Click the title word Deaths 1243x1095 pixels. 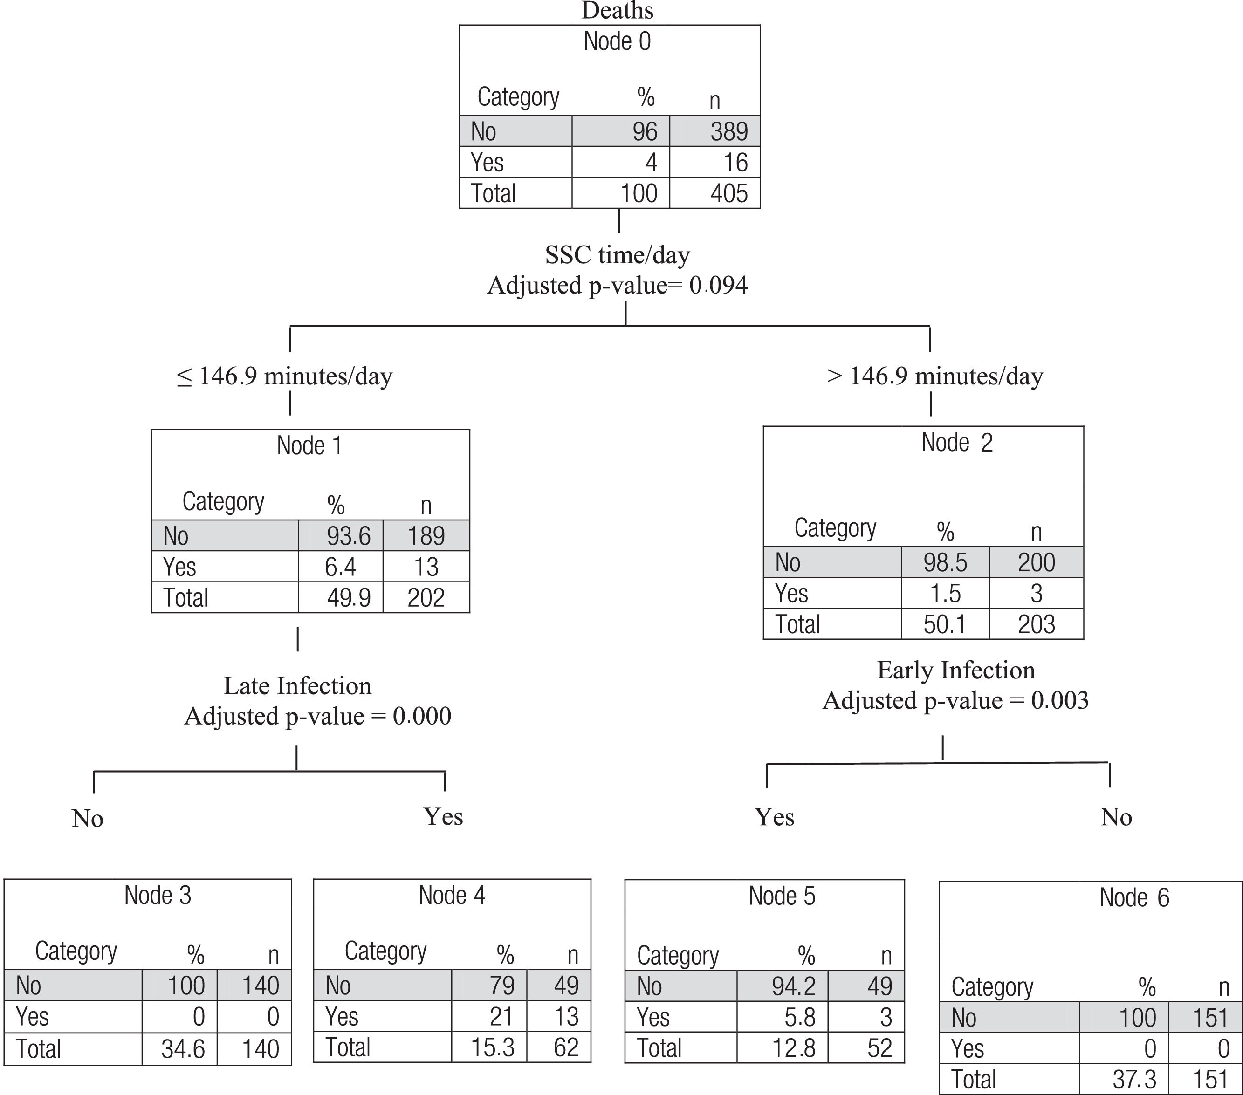point(617,11)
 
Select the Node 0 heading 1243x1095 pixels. point(617,41)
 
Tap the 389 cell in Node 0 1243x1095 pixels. point(729,131)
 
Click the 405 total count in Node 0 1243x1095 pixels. point(729,193)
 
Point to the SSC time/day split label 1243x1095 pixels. point(617,255)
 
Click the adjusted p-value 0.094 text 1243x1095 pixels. point(617,285)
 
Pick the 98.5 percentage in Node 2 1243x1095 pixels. point(945,562)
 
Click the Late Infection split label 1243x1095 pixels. point(297,686)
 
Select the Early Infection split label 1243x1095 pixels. point(956,670)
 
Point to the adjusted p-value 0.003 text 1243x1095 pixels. point(956,700)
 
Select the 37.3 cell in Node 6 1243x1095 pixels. point(1134,1080)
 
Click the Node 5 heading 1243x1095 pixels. point(782,896)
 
